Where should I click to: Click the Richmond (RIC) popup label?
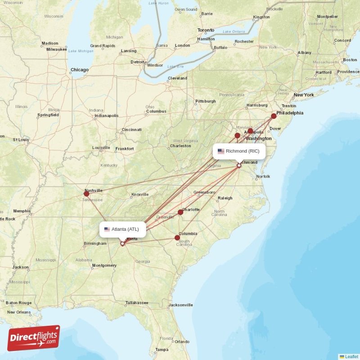pos(239,151)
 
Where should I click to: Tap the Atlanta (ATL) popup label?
pos(122,229)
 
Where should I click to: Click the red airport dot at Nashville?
pos(86,193)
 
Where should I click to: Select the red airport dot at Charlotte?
pos(180,212)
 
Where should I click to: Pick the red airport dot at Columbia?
pos(177,238)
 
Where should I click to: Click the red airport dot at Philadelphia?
pos(274,116)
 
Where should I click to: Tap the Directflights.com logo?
pos(34,338)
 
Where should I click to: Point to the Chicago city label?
pos(80,70)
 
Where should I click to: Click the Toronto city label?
pos(206,30)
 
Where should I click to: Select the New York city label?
pos(304,95)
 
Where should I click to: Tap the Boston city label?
pos(350,60)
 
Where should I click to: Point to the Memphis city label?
pos(22,211)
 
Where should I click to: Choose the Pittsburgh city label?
pos(206,101)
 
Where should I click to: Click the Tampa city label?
pos(162,350)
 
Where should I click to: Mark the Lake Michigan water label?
pos(81,51)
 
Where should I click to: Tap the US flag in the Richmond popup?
pos(221,151)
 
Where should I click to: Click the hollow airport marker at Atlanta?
pos(122,243)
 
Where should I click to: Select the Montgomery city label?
pos(104,265)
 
